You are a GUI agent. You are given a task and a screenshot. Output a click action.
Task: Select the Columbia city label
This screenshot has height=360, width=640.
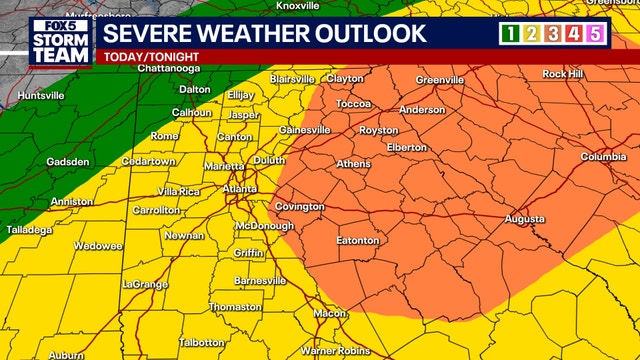(x=604, y=157)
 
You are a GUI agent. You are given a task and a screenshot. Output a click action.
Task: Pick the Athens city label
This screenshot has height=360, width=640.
(x=353, y=164)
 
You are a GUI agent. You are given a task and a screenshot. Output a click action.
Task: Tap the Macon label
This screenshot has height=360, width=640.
(x=329, y=313)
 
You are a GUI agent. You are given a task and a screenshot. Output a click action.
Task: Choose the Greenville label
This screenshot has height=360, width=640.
(x=440, y=80)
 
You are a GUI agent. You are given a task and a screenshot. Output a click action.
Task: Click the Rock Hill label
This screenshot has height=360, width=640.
(x=562, y=74)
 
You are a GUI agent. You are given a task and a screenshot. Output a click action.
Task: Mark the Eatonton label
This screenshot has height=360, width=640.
(x=357, y=241)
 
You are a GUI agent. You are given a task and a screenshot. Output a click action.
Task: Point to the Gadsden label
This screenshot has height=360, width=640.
(x=68, y=162)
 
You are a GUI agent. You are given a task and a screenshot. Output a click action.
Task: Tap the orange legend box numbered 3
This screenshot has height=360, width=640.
(x=553, y=34)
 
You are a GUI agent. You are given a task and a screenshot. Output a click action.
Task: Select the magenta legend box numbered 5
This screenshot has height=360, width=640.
(x=597, y=34)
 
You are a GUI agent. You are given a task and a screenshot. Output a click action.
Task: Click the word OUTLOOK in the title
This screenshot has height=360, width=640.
(x=363, y=33)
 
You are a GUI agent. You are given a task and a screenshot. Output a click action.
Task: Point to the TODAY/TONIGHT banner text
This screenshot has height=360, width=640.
(x=146, y=57)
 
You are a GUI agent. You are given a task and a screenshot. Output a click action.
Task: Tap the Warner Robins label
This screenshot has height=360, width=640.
(x=335, y=351)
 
